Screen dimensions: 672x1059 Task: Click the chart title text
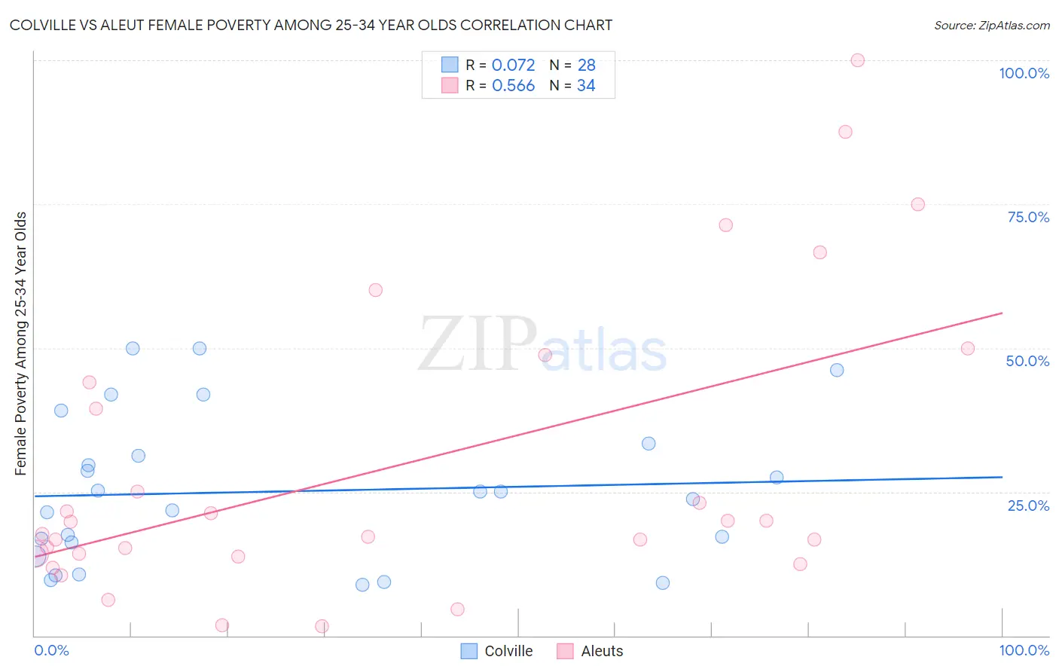(310, 25)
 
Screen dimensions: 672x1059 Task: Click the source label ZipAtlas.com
(991, 25)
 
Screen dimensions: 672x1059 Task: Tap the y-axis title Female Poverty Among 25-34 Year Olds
(21, 343)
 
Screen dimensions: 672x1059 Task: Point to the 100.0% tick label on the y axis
(1024, 73)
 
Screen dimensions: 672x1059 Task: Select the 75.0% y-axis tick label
(1028, 217)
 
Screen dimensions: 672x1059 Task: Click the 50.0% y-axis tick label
(1027, 361)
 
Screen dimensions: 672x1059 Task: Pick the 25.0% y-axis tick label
(1028, 505)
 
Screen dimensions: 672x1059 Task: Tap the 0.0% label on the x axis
(51, 650)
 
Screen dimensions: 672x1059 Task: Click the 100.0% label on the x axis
(1024, 650)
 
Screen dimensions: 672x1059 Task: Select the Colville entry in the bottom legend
(497, 651)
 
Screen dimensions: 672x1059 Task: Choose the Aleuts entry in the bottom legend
(591, 651)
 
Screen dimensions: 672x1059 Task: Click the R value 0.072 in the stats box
(513, 65)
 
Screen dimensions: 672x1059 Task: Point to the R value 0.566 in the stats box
(513, 85)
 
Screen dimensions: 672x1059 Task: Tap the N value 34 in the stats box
(586, 85)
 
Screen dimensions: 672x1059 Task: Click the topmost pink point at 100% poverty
(857, 60)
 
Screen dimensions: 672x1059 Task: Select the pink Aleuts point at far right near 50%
(968, 348)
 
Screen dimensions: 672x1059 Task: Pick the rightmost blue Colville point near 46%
(837, 370)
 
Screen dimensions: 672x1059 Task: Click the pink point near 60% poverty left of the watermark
(376, 290)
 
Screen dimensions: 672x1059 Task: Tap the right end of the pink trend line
(1002, 313)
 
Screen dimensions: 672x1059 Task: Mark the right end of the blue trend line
(1002, 477)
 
